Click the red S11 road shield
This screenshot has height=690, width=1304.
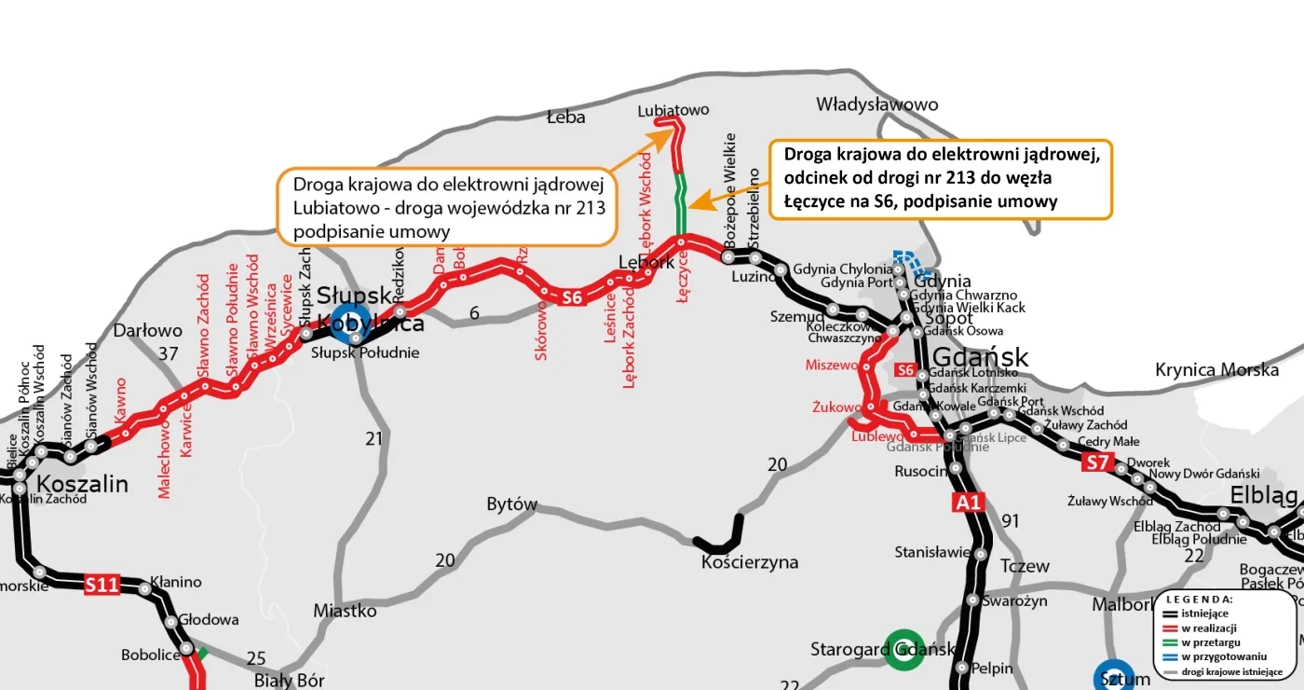coord(102,586)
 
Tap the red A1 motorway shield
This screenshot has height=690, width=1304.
coord(968,504)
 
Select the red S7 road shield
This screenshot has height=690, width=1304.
coord(1098,462)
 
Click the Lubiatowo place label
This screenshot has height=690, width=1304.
coord(672,110)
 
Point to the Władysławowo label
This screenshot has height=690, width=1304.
coord(876,104)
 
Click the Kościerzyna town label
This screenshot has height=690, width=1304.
coord(750,562)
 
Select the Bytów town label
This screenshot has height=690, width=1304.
coord(512,504)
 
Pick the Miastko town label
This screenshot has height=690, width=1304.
coord(345,611)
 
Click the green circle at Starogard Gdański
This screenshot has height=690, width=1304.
coord(903,650)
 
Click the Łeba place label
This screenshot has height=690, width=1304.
coord(565,117)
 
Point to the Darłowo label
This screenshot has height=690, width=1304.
coord(147,330)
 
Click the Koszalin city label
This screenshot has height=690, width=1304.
coord(82,484)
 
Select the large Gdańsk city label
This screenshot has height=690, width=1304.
coord(980,357)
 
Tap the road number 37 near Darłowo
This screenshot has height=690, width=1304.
coord(168,353)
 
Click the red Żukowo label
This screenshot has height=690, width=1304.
coord(835,407)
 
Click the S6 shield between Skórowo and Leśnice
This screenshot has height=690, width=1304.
coord(572,298)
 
